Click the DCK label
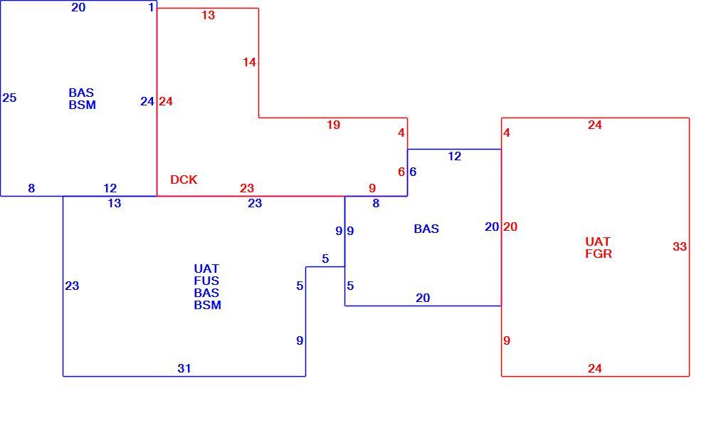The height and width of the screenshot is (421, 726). [184, 180]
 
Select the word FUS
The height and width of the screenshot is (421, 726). [206, 281]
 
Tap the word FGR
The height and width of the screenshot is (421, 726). [599, 254]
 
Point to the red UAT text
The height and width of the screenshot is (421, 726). [598, 241]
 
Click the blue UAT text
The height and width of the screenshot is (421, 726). [206, 269]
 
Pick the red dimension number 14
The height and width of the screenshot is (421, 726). [250, 62]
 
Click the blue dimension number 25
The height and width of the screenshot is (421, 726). [9, 98]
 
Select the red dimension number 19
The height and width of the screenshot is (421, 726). [333, 125]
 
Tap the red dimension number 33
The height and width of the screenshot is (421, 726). [680, 247]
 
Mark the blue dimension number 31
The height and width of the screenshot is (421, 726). [184, 369]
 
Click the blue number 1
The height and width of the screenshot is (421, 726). [151, 7]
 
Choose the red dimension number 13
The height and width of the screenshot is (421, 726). [209, 15]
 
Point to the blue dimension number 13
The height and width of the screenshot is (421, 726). [115, 203]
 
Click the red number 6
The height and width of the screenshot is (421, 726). [401, 172]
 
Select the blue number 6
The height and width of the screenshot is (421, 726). [413, 172]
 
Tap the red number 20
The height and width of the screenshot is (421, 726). [510, 227]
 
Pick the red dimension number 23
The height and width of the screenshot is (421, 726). [247, 188]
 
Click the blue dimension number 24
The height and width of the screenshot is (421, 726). [147, 101]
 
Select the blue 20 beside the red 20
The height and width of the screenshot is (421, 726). [492, 227]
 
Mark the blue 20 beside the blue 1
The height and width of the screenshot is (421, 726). [79, 7]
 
